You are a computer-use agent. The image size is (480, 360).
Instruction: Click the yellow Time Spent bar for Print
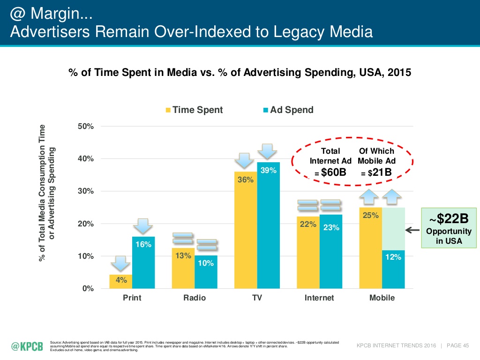(x=120, y=281)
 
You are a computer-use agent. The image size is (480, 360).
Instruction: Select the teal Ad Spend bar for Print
(x=143, y=262)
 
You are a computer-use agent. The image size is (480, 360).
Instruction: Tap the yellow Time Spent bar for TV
(x=246, y=230)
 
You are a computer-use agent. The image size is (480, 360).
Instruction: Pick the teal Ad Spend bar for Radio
(x=206, y=272)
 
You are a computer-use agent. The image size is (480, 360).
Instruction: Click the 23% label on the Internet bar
(x=331, y=227)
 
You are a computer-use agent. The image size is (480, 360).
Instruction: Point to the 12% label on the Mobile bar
(x=393, y=257)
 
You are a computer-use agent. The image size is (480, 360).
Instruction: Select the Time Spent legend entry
(x=194, y=110)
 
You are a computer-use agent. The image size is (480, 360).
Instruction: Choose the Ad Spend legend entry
(x=288, y=110)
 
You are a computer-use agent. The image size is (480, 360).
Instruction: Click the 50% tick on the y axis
(x=86, y=126)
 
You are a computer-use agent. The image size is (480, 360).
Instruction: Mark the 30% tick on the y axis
(x=86, y=191)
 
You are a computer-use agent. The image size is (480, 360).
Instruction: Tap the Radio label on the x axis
(x=195, y=298)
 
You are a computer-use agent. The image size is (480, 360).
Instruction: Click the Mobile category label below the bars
(x=382, y=298)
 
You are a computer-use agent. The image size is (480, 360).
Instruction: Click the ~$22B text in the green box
(x=449, y=218)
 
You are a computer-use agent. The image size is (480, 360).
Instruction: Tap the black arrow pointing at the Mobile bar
(x=412, y=230)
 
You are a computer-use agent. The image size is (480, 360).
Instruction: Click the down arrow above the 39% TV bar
(x=267, y=151)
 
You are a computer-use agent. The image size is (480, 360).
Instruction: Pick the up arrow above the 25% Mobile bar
(x=368, y=197)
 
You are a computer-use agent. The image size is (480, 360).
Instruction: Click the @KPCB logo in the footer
(x=27, y=346)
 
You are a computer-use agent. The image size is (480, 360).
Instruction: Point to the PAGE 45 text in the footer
(x=457, y=345)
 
